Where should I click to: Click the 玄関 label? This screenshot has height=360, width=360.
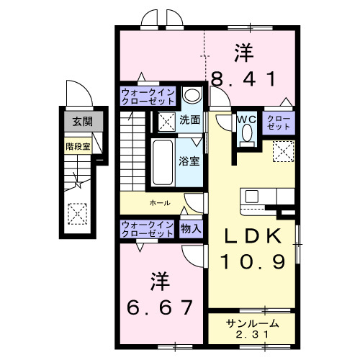coord(77,122)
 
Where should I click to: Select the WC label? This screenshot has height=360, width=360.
coord(246,120)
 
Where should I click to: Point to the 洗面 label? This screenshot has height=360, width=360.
coord(190,120)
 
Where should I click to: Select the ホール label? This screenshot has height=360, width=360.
coord(159,203)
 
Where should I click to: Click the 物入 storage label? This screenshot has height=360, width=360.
coord(191,228)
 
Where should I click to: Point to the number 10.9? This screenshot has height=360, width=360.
coord(252,260)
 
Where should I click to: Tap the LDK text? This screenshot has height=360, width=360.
coord(252,235)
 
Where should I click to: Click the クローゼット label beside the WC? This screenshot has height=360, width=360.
coord(279,122)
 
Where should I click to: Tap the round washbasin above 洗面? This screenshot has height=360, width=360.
coord(191,96)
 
